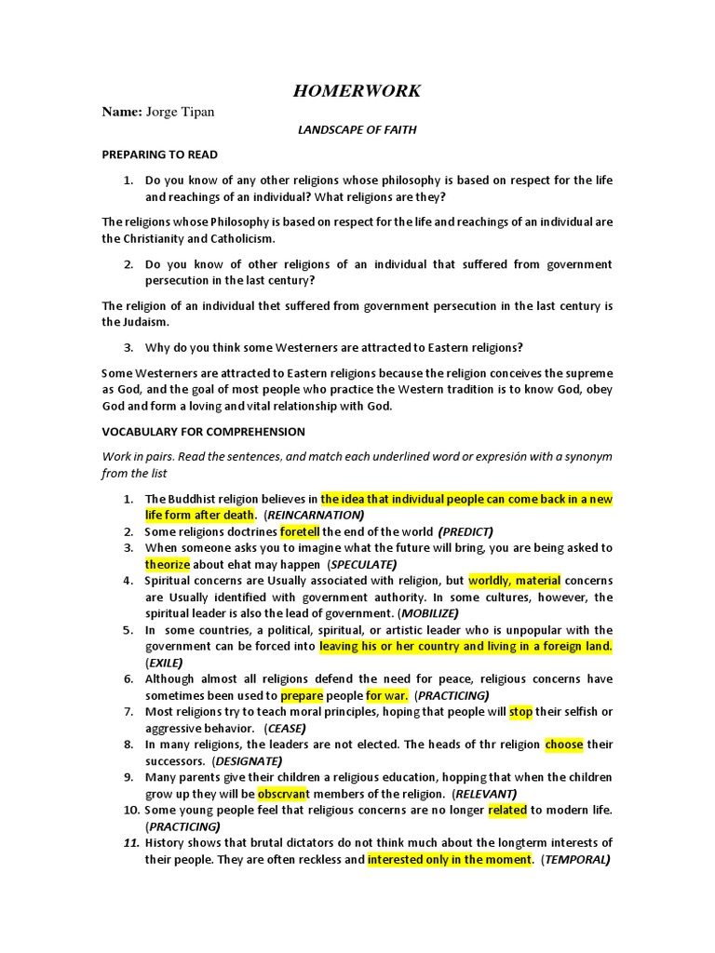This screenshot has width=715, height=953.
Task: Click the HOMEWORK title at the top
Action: click(x=357, y=90)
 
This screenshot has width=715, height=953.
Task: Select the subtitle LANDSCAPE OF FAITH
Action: click(x=357, y=130)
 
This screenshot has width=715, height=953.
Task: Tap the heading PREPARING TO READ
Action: click(x=159, y=154)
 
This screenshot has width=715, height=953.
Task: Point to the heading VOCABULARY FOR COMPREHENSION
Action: click(x=203, y=432)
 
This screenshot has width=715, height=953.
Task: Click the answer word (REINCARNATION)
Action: click(x=314, y=515)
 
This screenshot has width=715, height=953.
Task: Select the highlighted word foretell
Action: click(x=299, y=531)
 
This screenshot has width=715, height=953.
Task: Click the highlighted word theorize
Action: click(x=168, y=564)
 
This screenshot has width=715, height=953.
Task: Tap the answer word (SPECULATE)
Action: click(x=361, y=564)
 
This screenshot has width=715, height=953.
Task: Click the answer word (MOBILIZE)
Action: click(x=428, y=613)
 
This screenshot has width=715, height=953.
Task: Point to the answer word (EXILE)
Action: click(x=164, y=663)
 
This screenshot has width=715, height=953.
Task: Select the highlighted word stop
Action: click(x=521, y=712)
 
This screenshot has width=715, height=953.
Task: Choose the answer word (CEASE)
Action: click(x=285, y=728)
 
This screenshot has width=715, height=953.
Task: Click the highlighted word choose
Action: click(x=564, y=745)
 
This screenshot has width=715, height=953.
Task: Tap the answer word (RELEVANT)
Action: click(x=484, y=794)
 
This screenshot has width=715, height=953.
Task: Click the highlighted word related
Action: click(x=507, y=810)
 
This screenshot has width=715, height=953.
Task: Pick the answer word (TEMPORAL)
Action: click(x=576, y=859)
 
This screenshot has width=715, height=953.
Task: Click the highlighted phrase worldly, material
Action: click(x=515, y=581)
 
